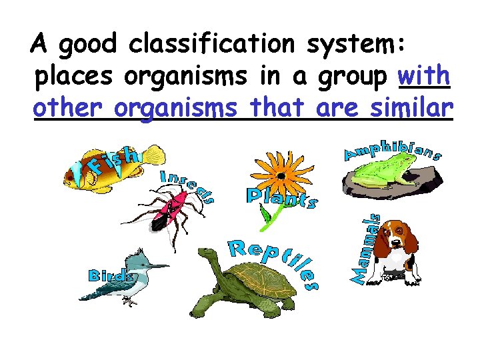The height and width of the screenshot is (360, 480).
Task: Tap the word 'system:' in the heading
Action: pyautogui.click(x=361, y=46)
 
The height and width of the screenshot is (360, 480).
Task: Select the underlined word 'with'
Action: pyautogui.click(x=424, y=75)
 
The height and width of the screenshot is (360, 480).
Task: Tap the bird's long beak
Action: pyautogui.click(x=156, y=267)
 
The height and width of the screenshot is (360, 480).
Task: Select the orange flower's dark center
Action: pyautogui.click(x=281, y=177)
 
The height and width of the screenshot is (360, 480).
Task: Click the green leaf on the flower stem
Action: pyautogui.click(x=267, y=214)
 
